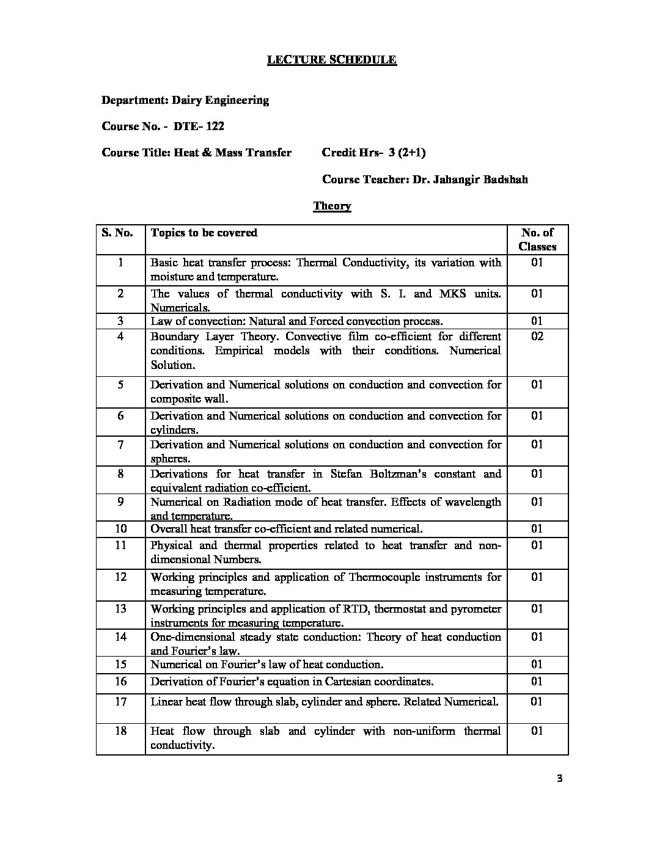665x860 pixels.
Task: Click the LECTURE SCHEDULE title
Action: tap(332, 60)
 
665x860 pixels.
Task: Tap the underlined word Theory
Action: tap(332, 206)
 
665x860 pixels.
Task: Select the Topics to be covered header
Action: tap(204, 233)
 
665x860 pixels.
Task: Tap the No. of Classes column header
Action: tap(537, 239)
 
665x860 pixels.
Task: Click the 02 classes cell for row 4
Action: tap(537, 337)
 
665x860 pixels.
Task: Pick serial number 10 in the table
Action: tap(120, 529)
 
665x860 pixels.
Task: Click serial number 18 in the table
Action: tap(120, 731)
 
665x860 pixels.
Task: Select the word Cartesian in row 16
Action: tap(354, 682)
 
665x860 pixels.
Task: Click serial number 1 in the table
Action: tap(120, 263)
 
